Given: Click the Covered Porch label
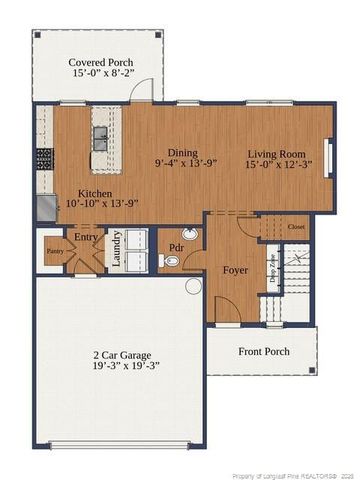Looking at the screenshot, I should pyautogui.click(x=100, y=62).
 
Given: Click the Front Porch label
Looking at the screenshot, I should pyautogui.click(x=264, y=351).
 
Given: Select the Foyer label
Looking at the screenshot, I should pyautogui.click(x=235, y=270).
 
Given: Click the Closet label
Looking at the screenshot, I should pyautogui.click(x=297, y=227).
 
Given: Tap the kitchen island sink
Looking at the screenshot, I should pyautogui.click(x=98, y=137).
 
